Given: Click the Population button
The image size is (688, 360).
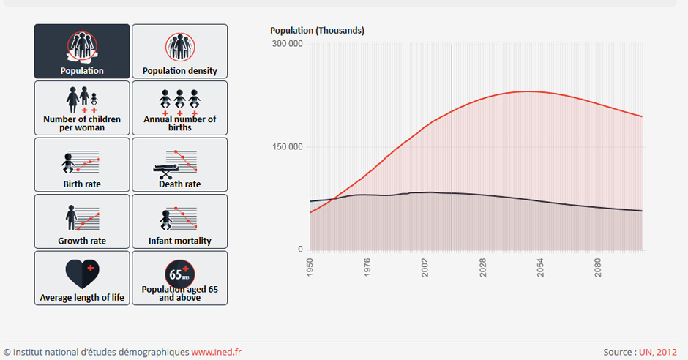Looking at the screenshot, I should pyautogui.click(x=82, y=51).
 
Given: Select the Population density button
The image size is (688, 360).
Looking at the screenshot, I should pyautogui.click(x=179, y=51).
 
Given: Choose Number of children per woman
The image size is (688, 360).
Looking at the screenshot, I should pyautogui.click(x=82, y=108).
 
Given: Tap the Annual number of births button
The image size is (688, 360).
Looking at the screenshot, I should pyautogui.click(x=179, y=108).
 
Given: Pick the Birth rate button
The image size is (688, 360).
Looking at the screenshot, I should pyautogui.click(x=82, y=165).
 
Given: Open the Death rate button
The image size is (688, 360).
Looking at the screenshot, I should pyautogui.click(x=179, y=165).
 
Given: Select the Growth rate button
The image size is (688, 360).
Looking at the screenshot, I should pyautogui.click(x=82, y=221).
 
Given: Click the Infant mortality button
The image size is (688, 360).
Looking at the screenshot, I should pyautogui.click(x=179, y=221).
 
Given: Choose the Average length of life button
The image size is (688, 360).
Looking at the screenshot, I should pyautogui.click(x=82, y=278).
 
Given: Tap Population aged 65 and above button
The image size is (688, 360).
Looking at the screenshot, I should pyautogui.click(x=179, y=278).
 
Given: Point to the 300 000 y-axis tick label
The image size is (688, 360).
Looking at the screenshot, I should pyautogui.click(x=288, y=44).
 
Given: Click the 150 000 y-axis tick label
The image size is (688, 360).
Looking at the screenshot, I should pyautogui.click(x=288, y=147).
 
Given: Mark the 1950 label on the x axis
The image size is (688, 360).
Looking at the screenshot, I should pyautogui.click(x=310, y=267).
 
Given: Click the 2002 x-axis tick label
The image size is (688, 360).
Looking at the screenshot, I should pyautogui.click(x=425, y=267).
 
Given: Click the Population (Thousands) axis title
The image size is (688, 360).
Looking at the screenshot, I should pyautogui.click(x=317, y=31).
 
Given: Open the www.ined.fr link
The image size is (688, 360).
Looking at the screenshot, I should pyautogui.click(x=216, y=352).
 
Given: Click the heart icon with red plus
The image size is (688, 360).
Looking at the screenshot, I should pyautogui.click(x=82, y=273).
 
